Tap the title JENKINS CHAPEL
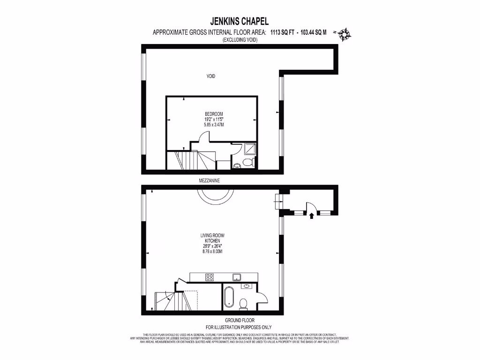(240, 22)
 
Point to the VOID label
(211, 76)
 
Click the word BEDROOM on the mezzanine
(214, 114)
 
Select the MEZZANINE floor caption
(209, 180)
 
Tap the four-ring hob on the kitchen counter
(210, 277)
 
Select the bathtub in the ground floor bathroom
(229, 297)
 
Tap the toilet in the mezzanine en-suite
(249, 163)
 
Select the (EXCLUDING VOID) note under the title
(240, 40)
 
